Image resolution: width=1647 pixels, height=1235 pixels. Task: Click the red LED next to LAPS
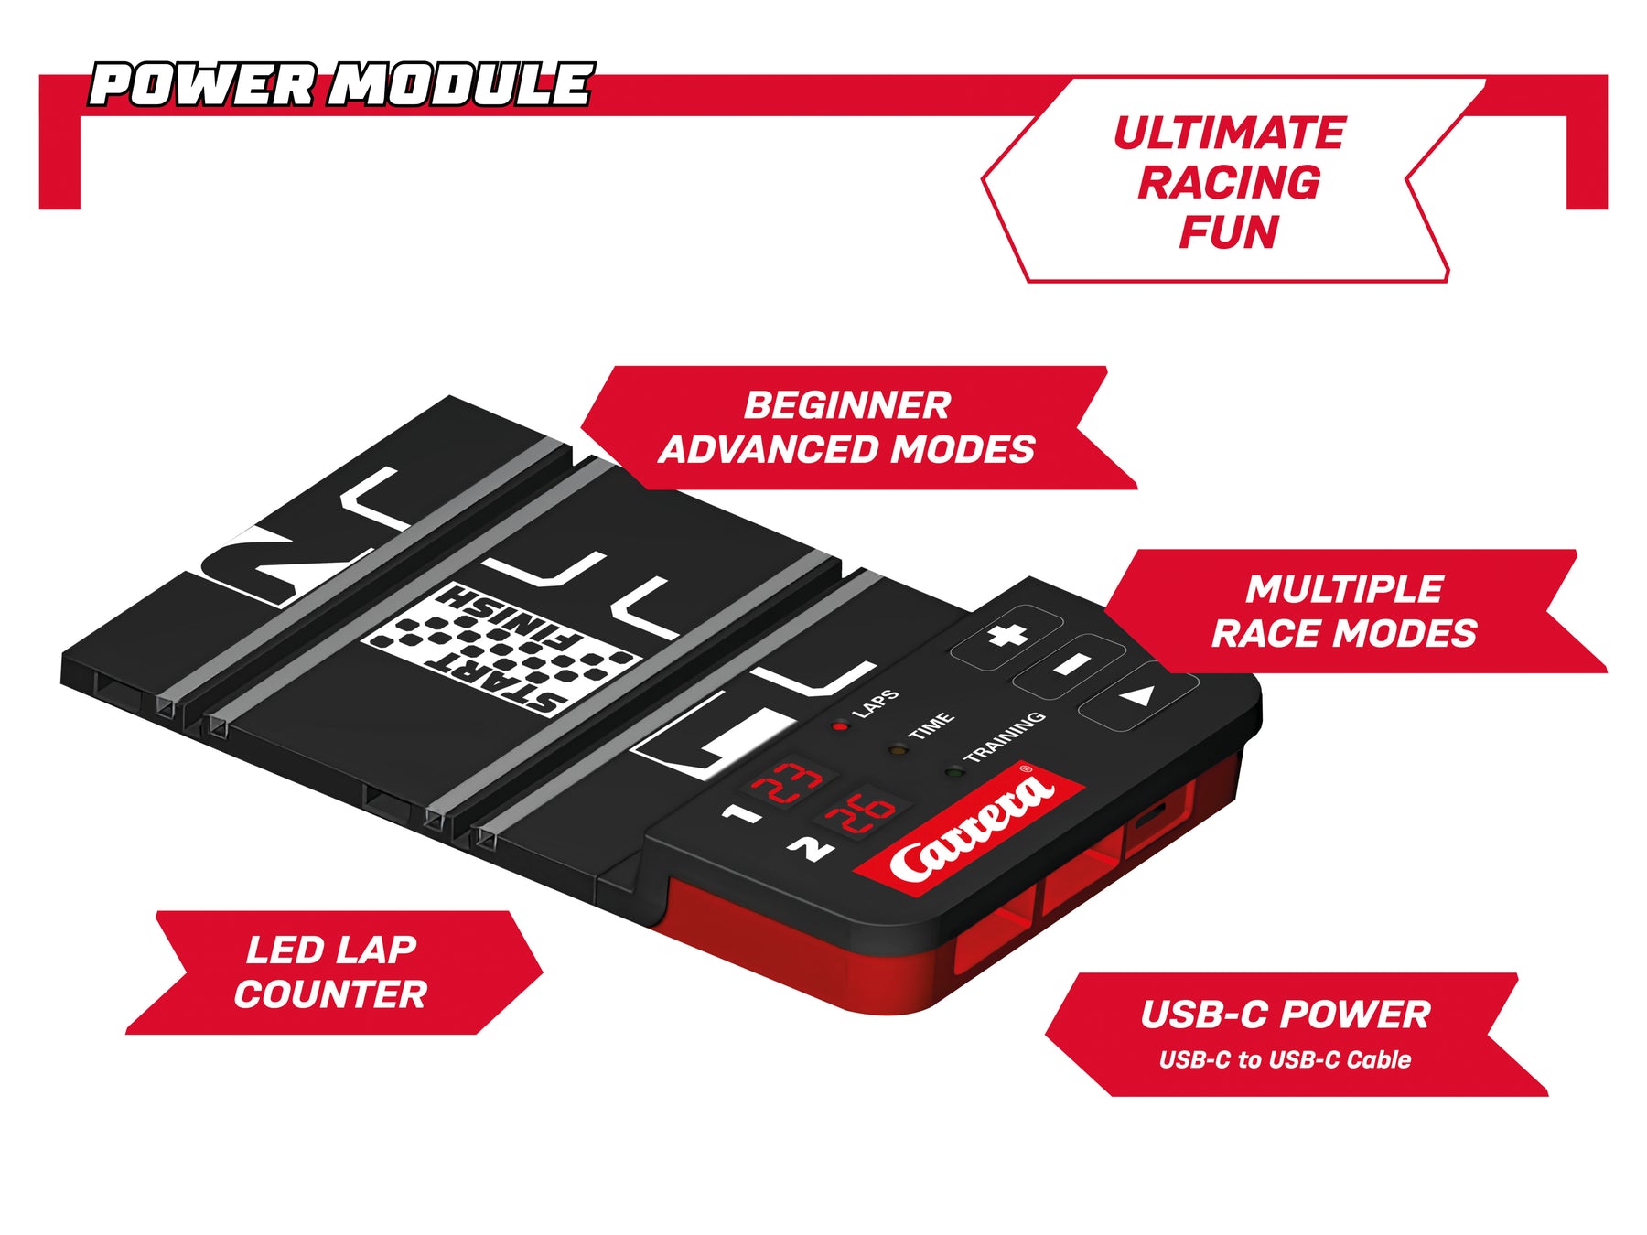pos(840,726)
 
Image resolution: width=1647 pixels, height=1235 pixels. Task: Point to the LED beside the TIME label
pos(898,750)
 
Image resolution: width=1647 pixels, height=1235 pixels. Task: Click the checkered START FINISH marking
pos(500,649)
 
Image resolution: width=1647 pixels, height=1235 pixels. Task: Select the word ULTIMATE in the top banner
pos(1230,134)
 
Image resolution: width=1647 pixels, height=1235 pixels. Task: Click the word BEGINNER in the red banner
pos(847,405)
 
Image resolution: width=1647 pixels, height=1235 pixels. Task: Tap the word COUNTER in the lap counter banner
pos(330,994)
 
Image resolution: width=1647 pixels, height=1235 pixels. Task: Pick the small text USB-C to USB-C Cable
pos(1285,1059)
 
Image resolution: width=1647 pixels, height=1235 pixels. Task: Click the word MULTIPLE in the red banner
pos(1344,589)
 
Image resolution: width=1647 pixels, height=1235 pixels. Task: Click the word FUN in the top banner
pos(1228,231)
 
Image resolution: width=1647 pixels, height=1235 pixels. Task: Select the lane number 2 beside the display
pos(810,849)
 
